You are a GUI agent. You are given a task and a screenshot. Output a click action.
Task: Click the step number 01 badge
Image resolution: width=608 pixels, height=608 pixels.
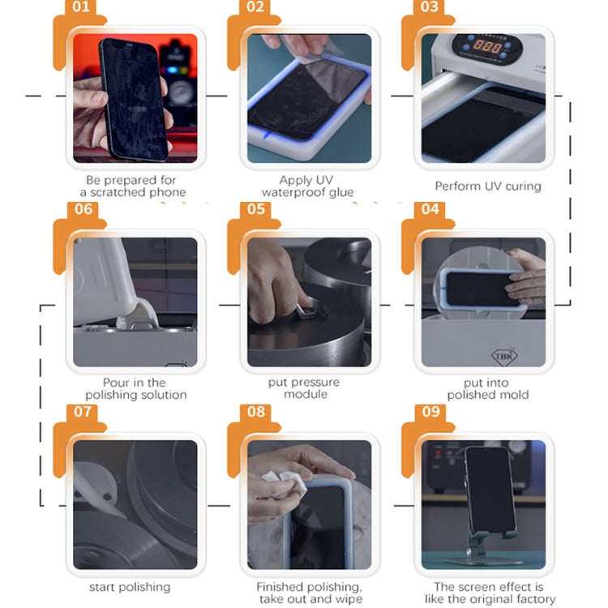(80, 7)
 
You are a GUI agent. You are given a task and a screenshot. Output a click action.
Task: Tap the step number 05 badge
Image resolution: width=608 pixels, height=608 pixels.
(255, 209)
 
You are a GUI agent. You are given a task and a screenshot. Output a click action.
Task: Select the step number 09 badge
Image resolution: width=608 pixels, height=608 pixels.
(430, 412)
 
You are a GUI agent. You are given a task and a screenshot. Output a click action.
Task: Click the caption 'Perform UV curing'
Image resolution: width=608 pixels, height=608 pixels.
(488, 186)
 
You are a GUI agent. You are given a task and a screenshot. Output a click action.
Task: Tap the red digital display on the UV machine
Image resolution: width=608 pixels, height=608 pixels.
(487, 47)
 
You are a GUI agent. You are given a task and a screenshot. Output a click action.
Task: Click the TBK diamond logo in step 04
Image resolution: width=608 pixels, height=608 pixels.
(504, 356)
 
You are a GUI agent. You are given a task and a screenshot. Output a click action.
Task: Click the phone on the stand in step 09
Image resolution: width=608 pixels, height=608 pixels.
(490, 490)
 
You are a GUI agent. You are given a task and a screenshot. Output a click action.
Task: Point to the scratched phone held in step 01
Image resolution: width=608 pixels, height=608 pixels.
(134, 99)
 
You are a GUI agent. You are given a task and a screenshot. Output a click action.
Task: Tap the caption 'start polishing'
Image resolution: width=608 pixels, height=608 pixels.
(130, 587)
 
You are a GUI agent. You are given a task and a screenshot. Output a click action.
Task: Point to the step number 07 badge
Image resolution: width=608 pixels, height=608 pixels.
(82, 412)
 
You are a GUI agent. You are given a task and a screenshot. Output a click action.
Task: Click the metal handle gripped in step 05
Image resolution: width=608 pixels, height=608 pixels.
(309, 308)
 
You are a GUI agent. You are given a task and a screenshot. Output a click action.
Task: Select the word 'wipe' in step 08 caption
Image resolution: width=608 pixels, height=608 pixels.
(349, 599)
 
